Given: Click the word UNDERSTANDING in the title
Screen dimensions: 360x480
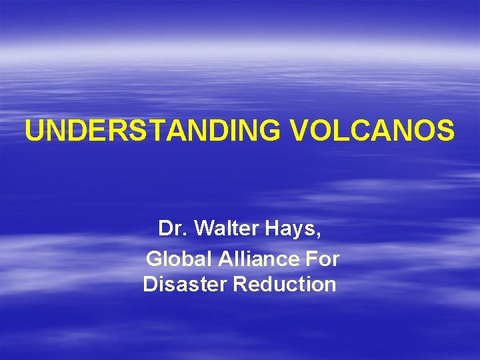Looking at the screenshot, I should click(x=155, y=131).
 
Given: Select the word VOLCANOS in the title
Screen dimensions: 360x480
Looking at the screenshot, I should click(x=373, y=131).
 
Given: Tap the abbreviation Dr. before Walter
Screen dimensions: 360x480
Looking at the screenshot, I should click(x=171, y=229).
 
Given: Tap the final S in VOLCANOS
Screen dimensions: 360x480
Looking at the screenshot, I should click(x=447, y=131).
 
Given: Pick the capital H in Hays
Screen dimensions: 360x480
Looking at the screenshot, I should click(x=274, y=229).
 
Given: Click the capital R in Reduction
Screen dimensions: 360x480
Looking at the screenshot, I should click(x=240, y=285).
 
